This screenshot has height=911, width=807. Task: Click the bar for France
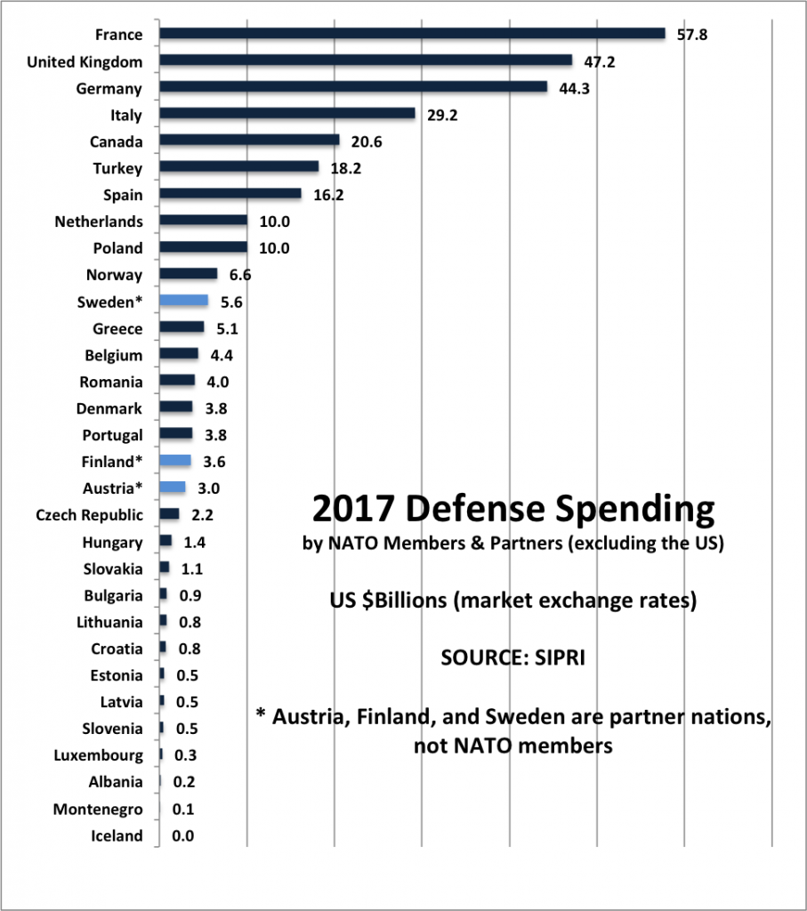[x=412, y=34]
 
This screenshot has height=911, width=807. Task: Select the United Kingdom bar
[x=365, y=60]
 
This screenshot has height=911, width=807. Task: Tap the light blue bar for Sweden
[x=183, y=302]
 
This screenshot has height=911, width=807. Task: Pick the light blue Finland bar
[x=175, y=461]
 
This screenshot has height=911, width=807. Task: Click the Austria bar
[x=173, y=488]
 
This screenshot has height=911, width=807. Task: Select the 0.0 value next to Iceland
[x=183, y=835]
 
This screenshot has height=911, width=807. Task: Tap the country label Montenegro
[x=98, y=809]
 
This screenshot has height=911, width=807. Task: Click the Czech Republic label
[x=89, y=515]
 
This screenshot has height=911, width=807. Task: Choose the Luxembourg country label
[x=98, y=755]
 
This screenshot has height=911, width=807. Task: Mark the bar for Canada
[x=249, y=141]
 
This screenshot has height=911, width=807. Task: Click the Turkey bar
[x=238, y=167]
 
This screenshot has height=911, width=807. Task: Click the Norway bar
[x=188, y=275]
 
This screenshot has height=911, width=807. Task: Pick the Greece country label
[x=117, y=328]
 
